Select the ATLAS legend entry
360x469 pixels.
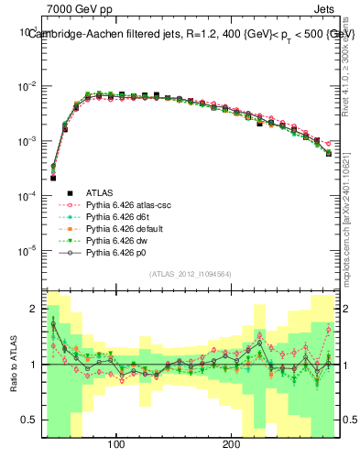point(101,193)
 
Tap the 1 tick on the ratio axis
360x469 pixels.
point(34,365)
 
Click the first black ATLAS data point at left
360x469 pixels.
point(53,178)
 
